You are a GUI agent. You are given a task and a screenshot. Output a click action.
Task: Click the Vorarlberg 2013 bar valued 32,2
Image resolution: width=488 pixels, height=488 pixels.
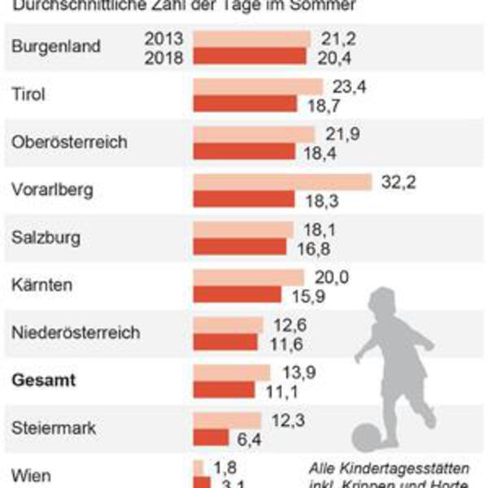(282, 181)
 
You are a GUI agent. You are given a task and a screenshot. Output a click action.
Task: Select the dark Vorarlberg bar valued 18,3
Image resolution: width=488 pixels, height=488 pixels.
(244, 198)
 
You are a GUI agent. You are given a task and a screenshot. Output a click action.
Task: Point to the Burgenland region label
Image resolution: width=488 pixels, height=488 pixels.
(56, 46)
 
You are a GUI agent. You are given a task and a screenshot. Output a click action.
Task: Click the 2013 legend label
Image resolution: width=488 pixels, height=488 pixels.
(165, 38)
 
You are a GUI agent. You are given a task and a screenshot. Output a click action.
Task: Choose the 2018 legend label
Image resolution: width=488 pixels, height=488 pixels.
(165, 56)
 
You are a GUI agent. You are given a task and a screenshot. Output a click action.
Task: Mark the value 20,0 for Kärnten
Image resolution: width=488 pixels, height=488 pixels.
(330, 277)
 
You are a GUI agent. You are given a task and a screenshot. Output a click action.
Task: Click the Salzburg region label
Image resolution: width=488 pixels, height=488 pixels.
(46, 237)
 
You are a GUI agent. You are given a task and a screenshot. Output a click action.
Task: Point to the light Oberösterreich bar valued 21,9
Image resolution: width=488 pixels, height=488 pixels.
(254, 133)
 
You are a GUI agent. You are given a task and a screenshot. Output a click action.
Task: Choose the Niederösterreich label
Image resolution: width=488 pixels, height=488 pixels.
(76, 333)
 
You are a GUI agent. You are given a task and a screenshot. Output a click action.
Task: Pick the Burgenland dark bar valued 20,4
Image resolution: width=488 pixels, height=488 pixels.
(250, 55)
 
